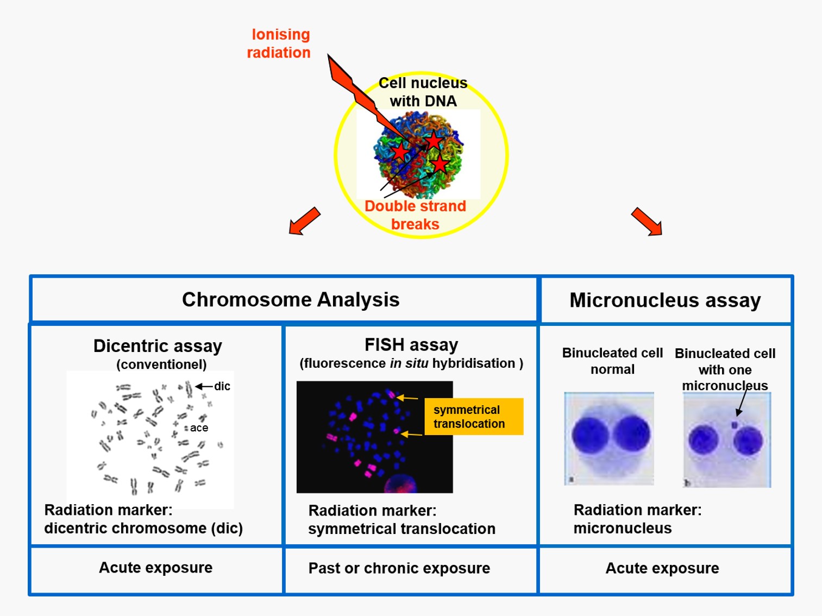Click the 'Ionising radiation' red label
pyautogui.click(x=279, y=43)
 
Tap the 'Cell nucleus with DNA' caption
pyautogui.click(x=423, y=92)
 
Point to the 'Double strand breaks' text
pyautogui.click(x=415, y=215)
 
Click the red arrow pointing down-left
pyautogui.click(x=304, y=221)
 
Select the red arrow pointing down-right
pyautogui.click(x=647, y=222)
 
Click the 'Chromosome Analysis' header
pyautogui.click(x=291, y=299)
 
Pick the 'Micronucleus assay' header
pyautogui.click(x=665, y=300)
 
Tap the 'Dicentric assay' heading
pyautogui.click(x=158, y=345)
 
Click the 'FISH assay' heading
pyautogui.click(x=411, y=344)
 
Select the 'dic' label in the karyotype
pyautogui.click(x=222, y=386)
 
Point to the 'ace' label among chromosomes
pyautogui.click(x=199, y=428)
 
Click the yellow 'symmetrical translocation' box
pyautogui.click(x=474, y=417)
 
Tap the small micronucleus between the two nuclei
pyautogui.click(x=735, y=425)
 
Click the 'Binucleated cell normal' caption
pyautogui.click(x=612, y=361)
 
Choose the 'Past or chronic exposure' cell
pyautogui.click(x=399, y=568)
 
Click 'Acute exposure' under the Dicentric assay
pyautogui.click(x=156, y=568)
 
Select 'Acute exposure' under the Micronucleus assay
pyautogui.click(x=662, y=568)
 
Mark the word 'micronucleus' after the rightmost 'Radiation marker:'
pyautogui.click(x=623, y=528)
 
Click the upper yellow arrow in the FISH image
pyautogui.click(x=407, y=397)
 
